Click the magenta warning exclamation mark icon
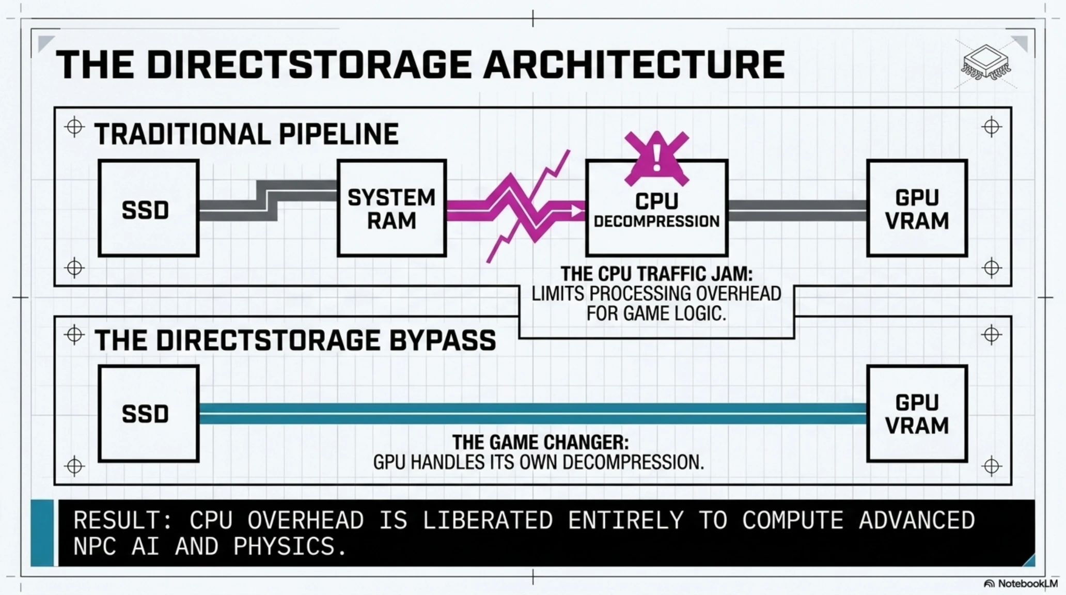656,158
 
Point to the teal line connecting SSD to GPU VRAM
533,414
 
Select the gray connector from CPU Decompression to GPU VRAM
797,210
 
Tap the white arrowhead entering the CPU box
576,211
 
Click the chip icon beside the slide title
986,64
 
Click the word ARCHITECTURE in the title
634,65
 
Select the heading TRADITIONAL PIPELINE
246,134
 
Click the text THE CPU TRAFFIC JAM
656,274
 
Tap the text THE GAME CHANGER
541,443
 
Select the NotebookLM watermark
1021,584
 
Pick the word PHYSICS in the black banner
290,546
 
